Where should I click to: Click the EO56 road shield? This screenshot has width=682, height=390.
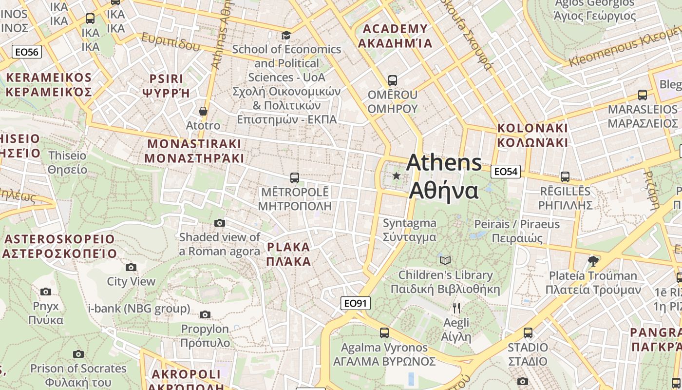27,52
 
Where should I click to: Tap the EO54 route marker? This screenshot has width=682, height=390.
506,172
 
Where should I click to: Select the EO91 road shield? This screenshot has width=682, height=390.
355,303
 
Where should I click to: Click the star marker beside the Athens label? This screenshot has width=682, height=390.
397,175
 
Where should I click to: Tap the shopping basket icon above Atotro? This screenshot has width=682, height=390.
203,112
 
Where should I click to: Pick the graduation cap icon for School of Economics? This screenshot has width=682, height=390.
286,35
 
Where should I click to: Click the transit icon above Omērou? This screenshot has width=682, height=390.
393,80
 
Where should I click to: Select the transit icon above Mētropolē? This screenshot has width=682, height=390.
294,178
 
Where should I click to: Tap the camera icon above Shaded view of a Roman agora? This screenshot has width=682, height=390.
220,223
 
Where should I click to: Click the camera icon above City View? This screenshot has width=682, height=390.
131,267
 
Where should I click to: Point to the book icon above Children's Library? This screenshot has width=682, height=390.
445,260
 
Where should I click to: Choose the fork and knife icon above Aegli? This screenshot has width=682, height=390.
456,308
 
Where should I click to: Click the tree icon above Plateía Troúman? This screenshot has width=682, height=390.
593,261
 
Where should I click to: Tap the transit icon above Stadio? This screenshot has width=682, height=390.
528,333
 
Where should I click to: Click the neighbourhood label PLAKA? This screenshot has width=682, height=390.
289,254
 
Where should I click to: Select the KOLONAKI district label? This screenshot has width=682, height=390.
532,135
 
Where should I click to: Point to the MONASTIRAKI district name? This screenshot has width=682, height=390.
194,151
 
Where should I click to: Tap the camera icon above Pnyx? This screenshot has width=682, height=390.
46,292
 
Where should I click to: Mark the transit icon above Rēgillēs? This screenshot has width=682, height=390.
565,177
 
